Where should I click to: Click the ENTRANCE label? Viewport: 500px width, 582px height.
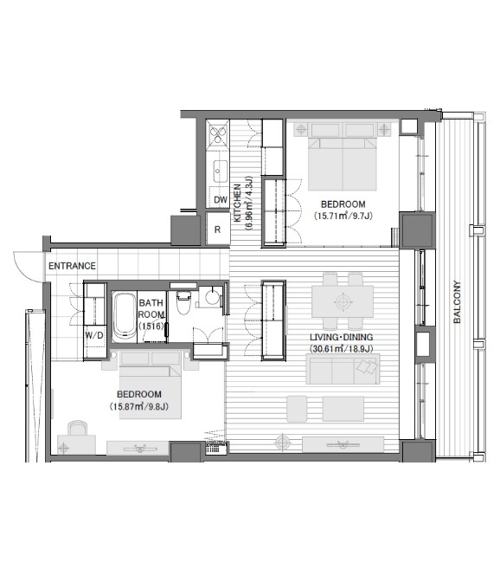pos(73,266)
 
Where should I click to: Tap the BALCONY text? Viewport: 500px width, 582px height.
pos(457,301)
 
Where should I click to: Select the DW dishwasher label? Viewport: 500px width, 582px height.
pos(221,200)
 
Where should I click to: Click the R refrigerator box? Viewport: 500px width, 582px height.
pos(218,229)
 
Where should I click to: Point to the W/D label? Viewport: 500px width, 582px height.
pos(94,335)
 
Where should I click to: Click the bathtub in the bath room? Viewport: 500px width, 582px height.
pos(124,316)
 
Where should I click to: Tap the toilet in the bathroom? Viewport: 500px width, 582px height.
pos(183,302)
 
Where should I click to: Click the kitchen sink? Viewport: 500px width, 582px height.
pos(221,171)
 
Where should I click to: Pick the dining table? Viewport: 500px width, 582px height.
pos(343,301)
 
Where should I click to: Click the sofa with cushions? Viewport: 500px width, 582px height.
pos(343,369)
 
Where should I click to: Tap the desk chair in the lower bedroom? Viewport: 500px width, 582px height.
pos(78,427)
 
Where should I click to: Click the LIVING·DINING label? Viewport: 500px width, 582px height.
pos(342,337)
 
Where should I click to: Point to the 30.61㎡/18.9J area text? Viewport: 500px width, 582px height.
pos(342,348)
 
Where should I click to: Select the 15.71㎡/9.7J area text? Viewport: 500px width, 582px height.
pos(343,216)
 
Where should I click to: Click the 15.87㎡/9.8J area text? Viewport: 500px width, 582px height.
pos(139,406)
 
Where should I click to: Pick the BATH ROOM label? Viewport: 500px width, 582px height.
pos(151,308)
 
